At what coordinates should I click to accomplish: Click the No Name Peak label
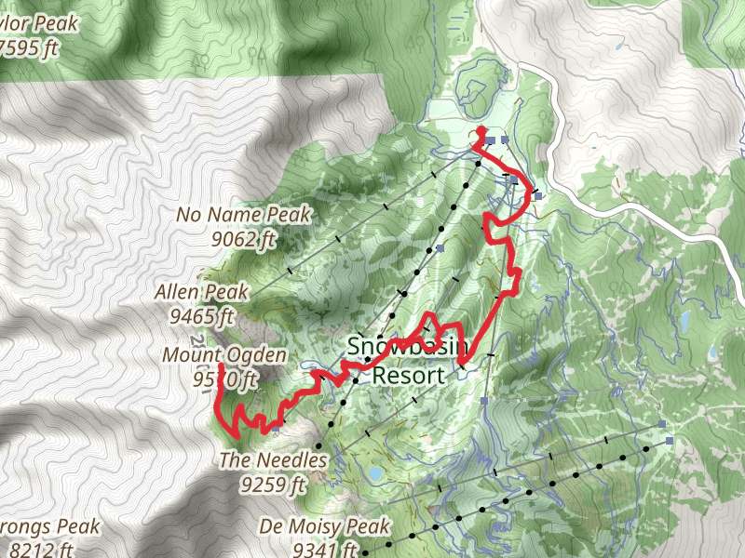click(243, 216)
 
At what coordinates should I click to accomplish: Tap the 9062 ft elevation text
click(243, 240)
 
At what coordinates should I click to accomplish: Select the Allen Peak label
click(202, 292)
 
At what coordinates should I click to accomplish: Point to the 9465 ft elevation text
click(202, 316)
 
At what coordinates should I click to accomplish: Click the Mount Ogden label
click(224, 355)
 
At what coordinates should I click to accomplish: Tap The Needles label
click(274, 459)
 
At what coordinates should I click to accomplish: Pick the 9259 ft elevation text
click(274, 484)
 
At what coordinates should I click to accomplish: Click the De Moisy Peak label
click(325, 527)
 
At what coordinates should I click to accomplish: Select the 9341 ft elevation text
click(325, 550)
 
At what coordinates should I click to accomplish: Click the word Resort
click(408, 376)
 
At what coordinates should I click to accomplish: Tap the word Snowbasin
click(407, 346)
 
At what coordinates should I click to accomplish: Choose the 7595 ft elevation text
click(28, 47)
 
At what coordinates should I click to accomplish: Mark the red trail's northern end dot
click(481, 131)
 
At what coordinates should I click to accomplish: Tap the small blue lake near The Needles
click(374, 474)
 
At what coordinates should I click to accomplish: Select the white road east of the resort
click(652, 219)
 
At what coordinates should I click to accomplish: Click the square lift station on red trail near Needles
click(277, 428)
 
